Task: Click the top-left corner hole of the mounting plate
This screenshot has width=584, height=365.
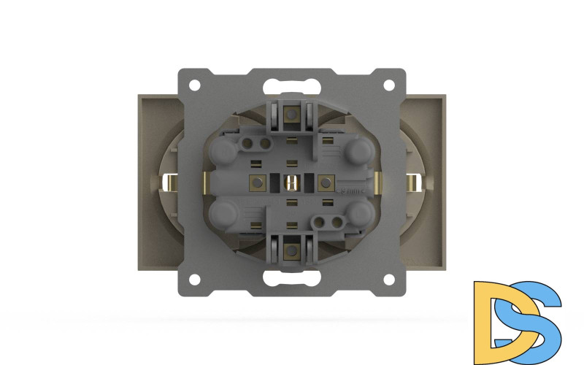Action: [195, 85]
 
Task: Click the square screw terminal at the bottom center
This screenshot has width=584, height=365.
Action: [291, 250]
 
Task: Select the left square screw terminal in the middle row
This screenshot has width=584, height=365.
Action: [257, 182]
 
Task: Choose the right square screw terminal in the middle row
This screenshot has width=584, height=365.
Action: [326, 182]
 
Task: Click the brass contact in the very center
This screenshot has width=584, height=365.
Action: [291, 182]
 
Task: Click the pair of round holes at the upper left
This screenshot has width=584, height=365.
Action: [253, 142]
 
